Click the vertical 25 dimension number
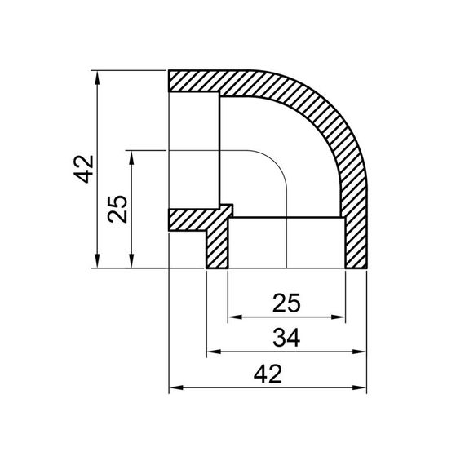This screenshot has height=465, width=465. coord(119,209)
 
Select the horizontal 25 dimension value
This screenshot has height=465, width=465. coord(286,303)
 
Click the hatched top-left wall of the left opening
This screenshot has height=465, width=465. coord(194,81)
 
